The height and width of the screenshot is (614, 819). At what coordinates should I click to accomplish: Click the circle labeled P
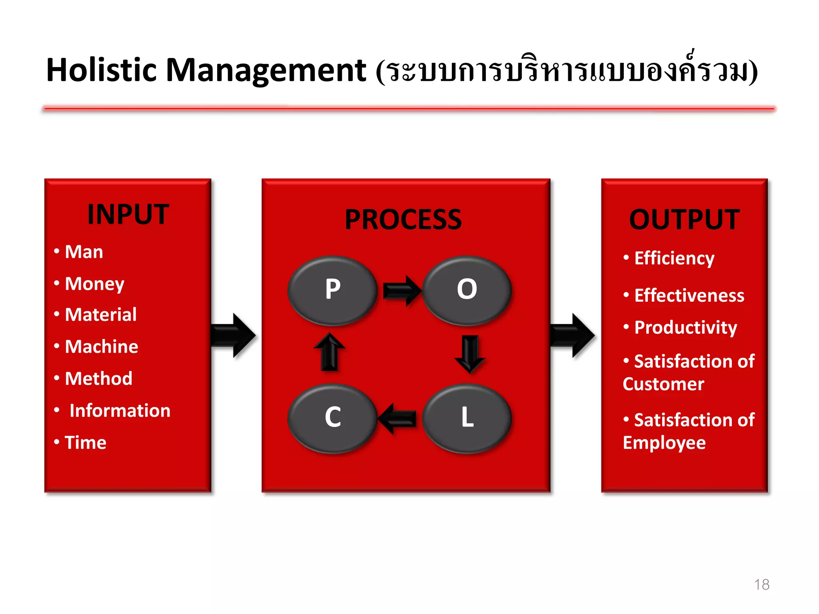[x=332, y=290]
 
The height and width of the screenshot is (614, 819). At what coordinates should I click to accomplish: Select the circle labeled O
[x=467, y=290]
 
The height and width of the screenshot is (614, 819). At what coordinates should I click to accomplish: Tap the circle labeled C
[x=332, y=418]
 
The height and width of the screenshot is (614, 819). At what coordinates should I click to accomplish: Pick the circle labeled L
[x=467, y=418]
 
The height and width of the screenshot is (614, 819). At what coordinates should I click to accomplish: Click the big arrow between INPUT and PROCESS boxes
[x=234, y=335]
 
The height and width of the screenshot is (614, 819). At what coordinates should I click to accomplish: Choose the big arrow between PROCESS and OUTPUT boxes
[x=573, y=335]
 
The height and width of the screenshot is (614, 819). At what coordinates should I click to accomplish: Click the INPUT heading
[x=128, y=215]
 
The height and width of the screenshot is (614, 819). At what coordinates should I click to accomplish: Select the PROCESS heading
[x=403, y=220]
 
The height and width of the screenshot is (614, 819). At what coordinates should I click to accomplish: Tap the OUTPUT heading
[x=684, y=220]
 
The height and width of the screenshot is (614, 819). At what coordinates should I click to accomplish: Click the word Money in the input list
[x=95, y=284]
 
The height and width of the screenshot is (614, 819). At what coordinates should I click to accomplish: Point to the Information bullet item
[x=120, y=411]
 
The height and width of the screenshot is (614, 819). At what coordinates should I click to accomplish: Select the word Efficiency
[x=674, y=258]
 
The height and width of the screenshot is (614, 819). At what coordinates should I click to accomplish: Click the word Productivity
[x=685, y=328]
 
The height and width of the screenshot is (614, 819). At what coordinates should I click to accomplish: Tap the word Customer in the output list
[x=663, y=384]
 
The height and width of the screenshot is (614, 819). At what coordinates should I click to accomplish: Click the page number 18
[x=761, y=584]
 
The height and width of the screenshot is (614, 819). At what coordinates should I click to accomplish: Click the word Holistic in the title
[x=102, y=70]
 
